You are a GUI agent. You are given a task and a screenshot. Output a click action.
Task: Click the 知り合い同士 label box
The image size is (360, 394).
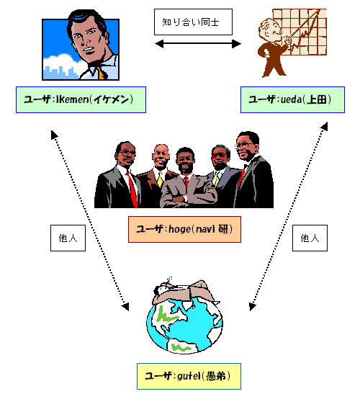(193, 22)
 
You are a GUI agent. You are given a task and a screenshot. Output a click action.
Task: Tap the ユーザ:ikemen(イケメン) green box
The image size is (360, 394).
(81, 99)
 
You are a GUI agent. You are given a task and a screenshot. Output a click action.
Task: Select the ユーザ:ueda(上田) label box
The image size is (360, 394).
(292, 99)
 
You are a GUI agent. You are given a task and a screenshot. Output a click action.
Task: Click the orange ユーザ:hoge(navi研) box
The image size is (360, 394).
(184, 229)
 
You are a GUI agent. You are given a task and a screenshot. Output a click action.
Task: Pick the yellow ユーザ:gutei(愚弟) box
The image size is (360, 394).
(189, 376)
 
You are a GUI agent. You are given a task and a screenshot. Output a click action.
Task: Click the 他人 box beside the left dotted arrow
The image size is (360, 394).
(68, 238)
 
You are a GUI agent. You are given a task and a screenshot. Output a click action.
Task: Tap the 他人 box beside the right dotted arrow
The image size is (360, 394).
(310, 238)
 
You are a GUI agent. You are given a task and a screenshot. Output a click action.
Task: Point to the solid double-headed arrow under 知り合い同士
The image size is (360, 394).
(198, 44)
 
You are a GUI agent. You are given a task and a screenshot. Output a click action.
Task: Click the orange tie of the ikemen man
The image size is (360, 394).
(101, 73)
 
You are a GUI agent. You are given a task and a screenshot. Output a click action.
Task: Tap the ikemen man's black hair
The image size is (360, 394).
(86, 19)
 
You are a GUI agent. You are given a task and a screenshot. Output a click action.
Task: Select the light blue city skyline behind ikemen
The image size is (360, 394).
(60, 73)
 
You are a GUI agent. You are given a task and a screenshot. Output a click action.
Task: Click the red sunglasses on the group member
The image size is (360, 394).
(219, 156)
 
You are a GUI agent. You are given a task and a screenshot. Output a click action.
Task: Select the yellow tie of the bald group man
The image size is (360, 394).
(160, 179)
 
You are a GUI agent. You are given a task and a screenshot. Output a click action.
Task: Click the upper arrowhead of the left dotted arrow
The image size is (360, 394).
(54, 135)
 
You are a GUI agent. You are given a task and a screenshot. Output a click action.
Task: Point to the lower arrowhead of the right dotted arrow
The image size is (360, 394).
(252, 307)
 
